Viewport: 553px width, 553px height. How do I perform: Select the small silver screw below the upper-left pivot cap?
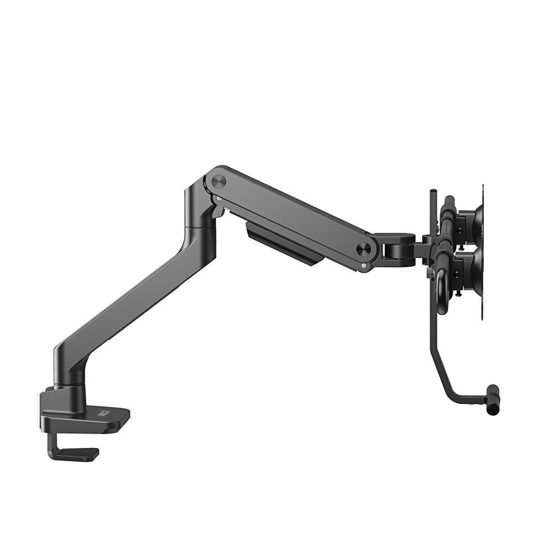pos(220,197)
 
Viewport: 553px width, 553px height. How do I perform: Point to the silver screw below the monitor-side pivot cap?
pos(363,266)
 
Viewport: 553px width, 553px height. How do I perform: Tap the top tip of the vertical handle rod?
pos(432,193)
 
